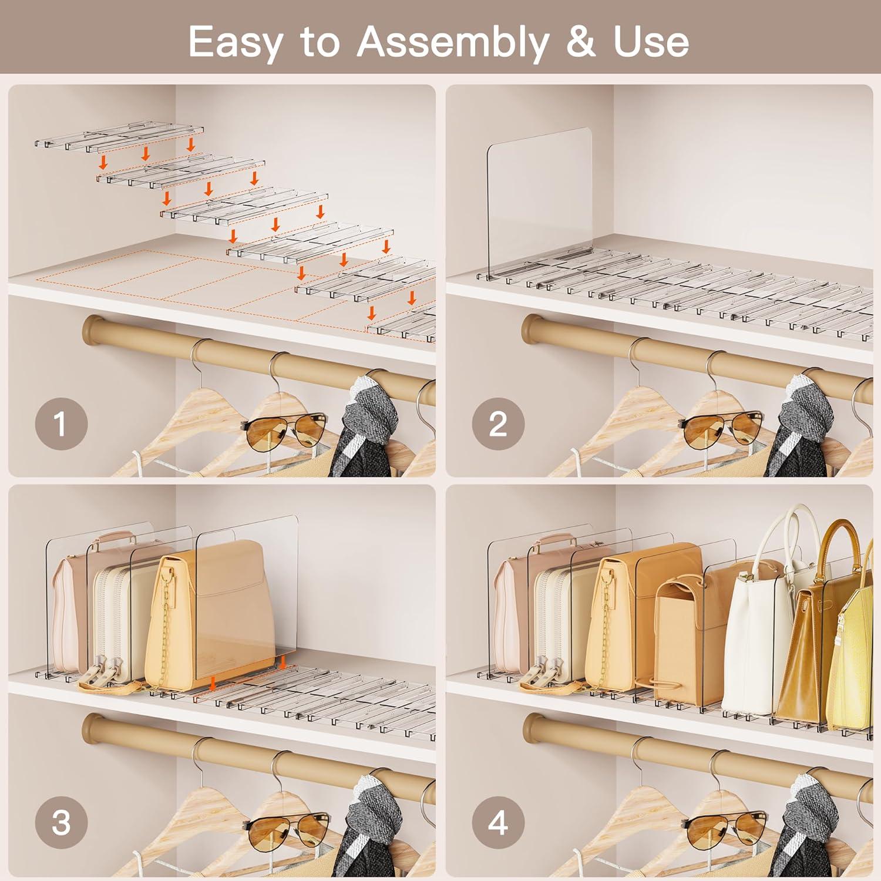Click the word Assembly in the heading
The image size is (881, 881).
[x=452, y=42]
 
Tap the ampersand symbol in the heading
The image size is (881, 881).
[x=580, y=42]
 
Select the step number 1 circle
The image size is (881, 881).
[x=61, y=423]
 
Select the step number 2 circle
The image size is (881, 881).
[x=498, y=423]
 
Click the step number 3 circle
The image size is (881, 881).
[x=61, y=822]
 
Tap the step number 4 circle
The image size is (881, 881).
[x=498, y=822]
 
